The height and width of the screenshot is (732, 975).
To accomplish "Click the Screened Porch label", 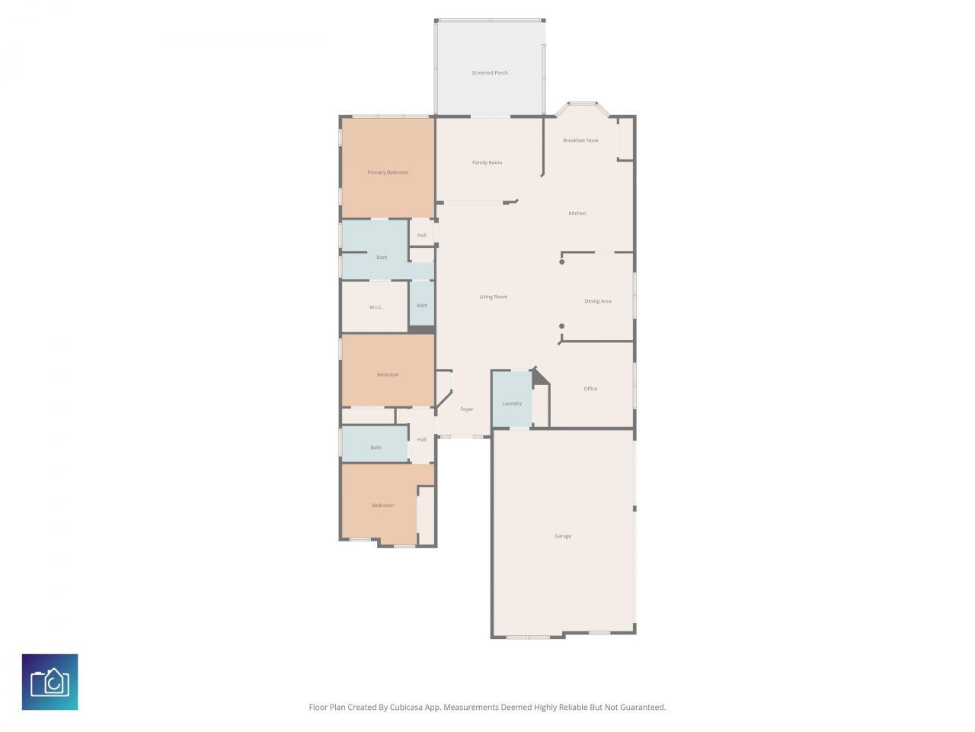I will point(490,73).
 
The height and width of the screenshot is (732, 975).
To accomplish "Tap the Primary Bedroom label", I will point(388,172).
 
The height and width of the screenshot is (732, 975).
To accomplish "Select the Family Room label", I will point(487,162).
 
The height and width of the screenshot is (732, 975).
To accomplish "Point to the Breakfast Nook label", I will point(581,140).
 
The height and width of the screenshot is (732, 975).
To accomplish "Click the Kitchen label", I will point(577,213).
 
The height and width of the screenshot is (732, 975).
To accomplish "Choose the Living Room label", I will point(494,297).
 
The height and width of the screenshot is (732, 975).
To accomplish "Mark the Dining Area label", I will point(598,301).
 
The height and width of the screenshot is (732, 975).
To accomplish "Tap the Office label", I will point(591,389).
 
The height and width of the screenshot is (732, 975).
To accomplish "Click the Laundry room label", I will point(512,403).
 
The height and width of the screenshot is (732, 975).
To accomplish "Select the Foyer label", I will point(467,409).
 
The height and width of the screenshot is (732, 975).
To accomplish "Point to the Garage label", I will point(563,537).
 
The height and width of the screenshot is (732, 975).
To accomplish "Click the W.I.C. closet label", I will point(376,307).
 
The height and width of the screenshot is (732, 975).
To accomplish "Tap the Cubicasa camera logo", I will point(50,682).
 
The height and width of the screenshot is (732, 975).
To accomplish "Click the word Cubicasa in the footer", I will point(409,708).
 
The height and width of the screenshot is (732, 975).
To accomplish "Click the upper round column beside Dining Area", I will point(562,262).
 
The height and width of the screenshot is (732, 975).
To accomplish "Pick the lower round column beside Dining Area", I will point(562,326).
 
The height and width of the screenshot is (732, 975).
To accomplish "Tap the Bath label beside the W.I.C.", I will point(422,306).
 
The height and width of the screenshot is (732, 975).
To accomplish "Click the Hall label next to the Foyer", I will point(422,439).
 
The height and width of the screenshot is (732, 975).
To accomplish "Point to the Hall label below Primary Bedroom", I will point(422,236).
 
